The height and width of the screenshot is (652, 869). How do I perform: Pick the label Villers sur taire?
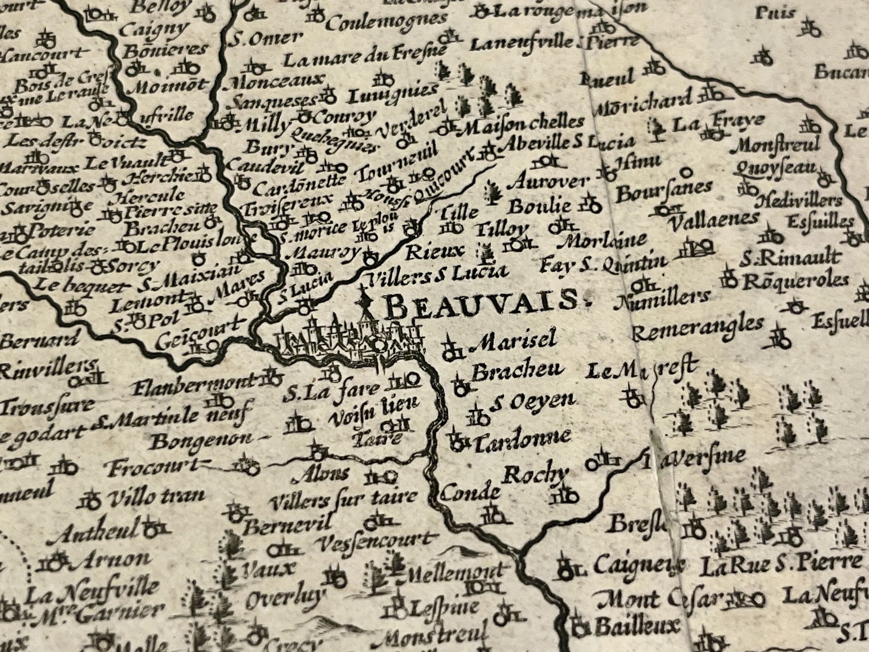coord(344,497)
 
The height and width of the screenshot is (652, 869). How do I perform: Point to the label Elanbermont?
coord(194,382)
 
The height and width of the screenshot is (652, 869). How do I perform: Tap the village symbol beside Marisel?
coord(451,351)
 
